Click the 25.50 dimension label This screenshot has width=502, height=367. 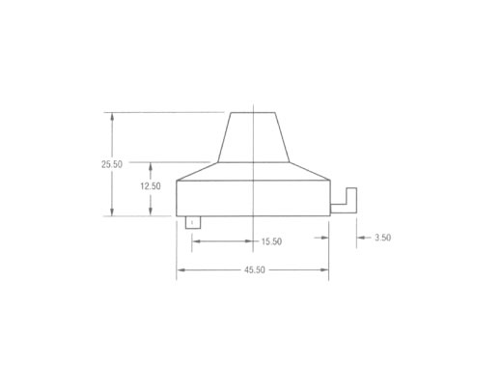point(112,164)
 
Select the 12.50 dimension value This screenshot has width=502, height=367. point(151,186)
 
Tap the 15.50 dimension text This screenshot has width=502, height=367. point(271,241)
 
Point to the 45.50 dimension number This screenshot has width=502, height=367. point(255,269)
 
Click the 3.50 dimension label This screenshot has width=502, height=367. point(383,238)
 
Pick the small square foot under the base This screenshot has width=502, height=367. point(193,222)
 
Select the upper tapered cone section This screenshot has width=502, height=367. point(254,137)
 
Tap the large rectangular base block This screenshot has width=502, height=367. point(253,198)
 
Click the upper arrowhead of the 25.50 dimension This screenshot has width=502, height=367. point(112,116)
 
